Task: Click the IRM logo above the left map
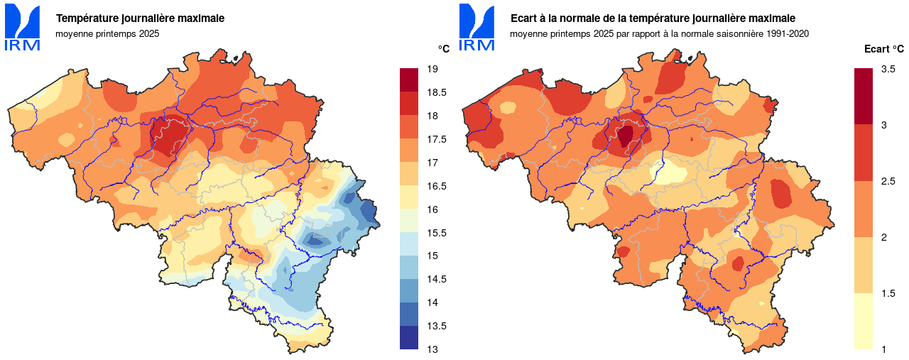tap(22, 27)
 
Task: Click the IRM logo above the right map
tap(477, 27)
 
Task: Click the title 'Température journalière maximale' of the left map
tap(140, 18)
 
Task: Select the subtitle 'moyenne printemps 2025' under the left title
tap(107, 33)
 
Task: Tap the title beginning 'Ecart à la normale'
tap(653, 18)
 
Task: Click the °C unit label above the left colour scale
tap(443, 49)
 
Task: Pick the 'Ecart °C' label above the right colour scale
tap(883, 49)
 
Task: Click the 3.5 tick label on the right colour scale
tap(888, 69)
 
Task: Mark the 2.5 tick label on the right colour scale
tap(888, 181)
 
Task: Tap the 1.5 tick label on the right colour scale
tap(888, 293)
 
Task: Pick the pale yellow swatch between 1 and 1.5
tap(864, 321)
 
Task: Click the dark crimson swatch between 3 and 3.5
tap(864, 97)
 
